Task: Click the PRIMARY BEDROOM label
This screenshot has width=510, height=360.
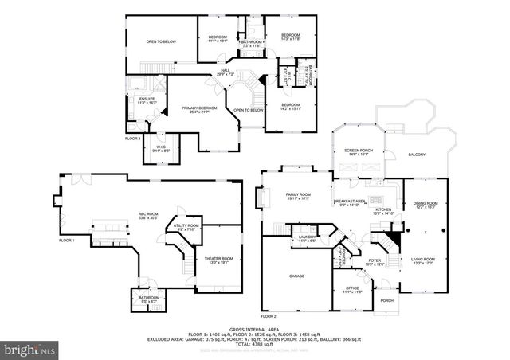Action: (x=199, y=109)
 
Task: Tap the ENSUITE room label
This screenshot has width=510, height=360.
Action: (x=146, y=100)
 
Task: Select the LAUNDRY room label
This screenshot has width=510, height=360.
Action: (x=308, y=237)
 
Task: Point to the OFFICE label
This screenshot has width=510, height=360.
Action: (x=353, y=288)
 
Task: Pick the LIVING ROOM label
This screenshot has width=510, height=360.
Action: (x=423, y=260)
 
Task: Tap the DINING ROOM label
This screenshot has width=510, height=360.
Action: (x=426, y=204)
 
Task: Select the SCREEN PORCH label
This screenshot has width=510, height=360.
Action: (x=357, y=150)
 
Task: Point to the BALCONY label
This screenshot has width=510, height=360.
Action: (x=416, y=155)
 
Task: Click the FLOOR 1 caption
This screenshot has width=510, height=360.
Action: (x=66, y=241)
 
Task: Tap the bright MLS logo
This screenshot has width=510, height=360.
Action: (x=29, y=349)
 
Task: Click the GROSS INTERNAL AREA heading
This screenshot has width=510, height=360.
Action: (x=254, y=328)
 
